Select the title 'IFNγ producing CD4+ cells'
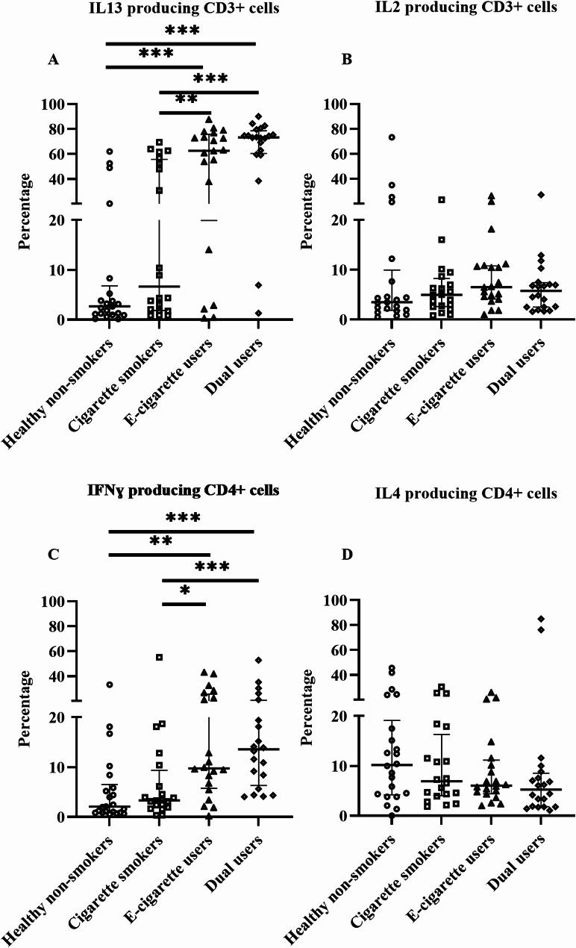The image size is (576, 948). (184, 490)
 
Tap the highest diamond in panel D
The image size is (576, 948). (540, 619)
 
